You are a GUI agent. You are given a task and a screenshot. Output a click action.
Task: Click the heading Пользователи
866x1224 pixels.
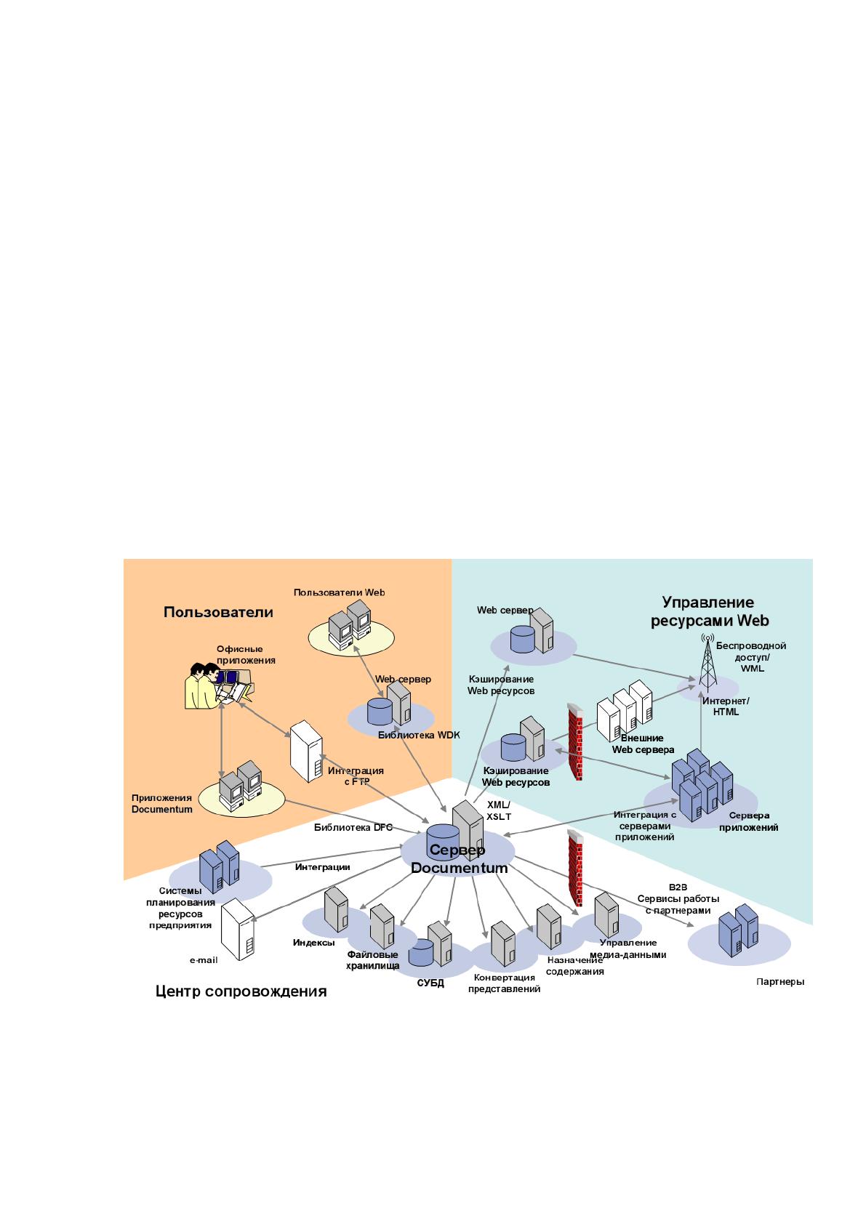point(218,612)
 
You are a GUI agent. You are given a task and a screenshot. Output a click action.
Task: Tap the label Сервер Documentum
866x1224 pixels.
point(459,858)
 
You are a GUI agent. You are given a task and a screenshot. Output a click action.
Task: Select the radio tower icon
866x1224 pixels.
point(707,662)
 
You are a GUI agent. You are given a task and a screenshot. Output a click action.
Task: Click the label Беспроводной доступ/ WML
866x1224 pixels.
point(751,657)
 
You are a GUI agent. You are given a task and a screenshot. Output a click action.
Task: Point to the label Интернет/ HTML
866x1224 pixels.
point(726,706)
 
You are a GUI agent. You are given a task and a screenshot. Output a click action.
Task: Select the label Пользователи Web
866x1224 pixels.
point(339,592)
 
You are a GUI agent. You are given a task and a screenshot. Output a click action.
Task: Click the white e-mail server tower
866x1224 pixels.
point(237,930)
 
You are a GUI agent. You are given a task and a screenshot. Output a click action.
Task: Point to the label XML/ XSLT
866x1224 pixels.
point(499,811)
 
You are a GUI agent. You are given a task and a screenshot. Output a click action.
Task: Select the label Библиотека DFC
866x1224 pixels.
point(353,827)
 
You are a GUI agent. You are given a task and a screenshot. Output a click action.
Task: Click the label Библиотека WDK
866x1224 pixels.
point(419,735)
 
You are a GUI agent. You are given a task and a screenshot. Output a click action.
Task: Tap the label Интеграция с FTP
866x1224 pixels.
point(356,776)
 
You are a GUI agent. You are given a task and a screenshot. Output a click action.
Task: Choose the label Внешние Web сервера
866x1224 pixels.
point(642,744)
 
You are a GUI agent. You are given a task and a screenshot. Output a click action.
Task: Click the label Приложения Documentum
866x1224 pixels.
point(162,804)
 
